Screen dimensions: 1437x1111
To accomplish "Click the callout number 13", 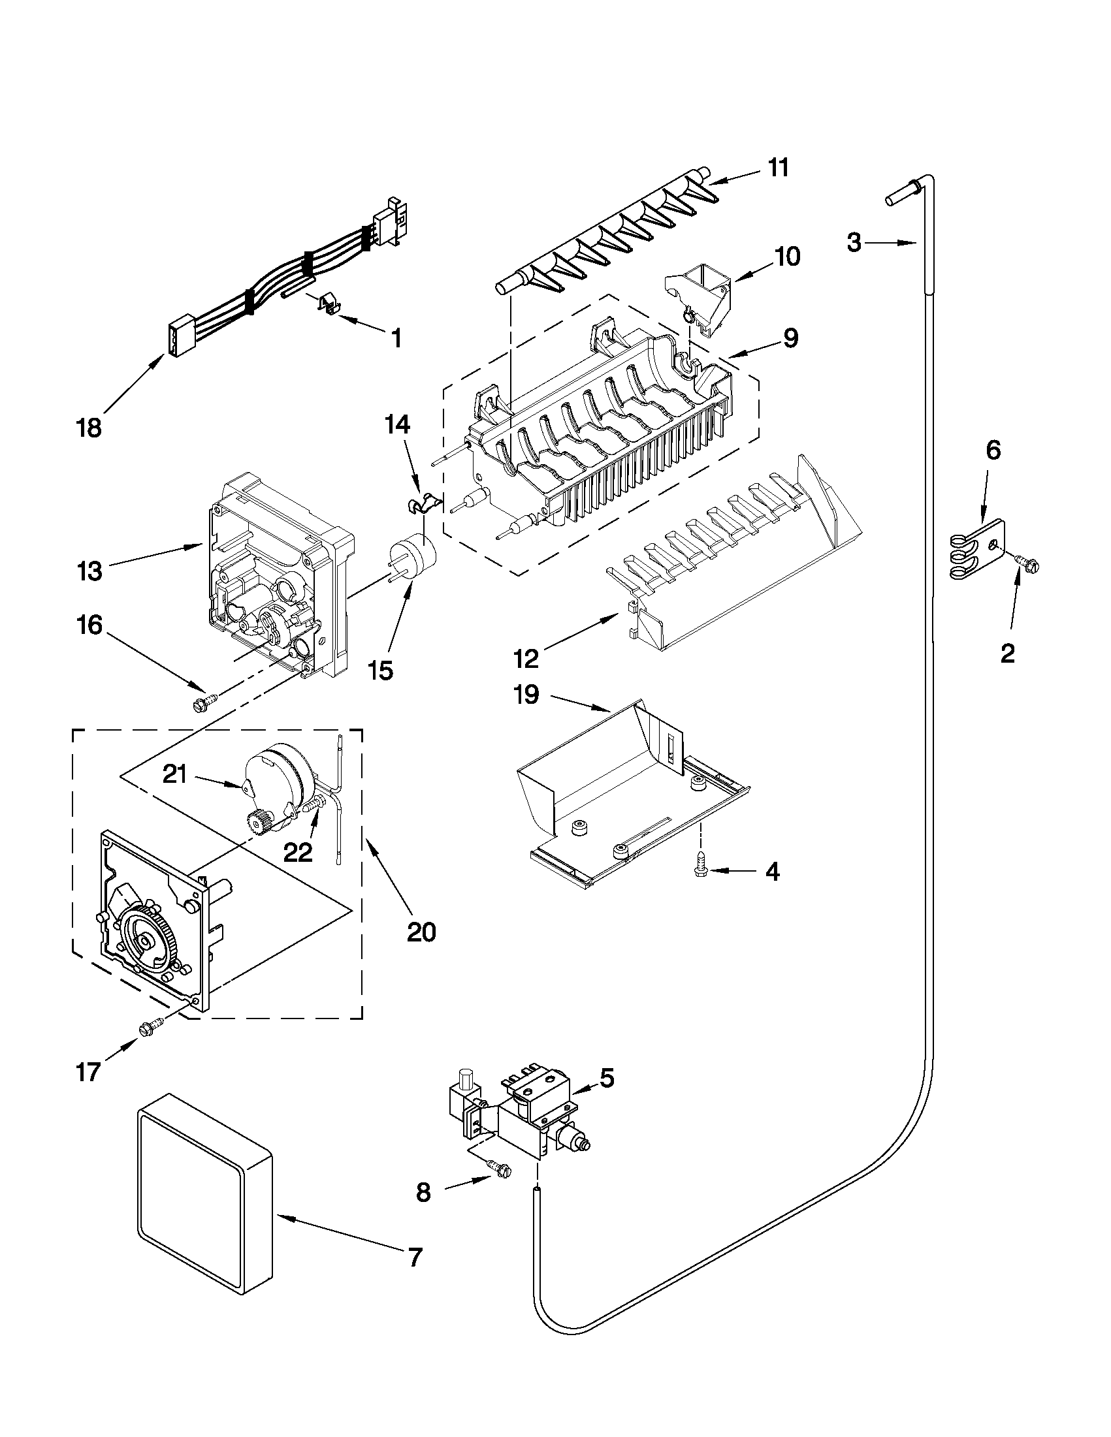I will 89,571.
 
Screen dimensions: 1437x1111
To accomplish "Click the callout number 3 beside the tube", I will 854,244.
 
